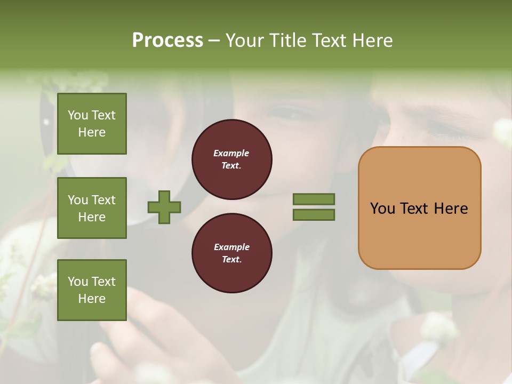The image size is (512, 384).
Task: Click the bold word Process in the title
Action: pos(167,41)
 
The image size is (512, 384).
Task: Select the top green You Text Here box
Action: pos(92,124)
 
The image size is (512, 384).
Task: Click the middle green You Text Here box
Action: pos(92,208)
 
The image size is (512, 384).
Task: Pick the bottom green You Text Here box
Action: pos(92,290)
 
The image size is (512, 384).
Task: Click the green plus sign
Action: pos(164,207)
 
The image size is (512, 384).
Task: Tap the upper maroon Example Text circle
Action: pos(231,159)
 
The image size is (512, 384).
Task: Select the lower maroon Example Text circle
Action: pos(231,253)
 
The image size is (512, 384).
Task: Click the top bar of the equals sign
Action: pos(314,199)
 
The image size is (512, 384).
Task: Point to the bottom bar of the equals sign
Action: pos(314,214)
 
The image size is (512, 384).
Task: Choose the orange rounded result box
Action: pos(419,208)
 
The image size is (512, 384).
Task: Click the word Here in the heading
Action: pos(372,41)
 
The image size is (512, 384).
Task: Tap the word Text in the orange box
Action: pos(415,209)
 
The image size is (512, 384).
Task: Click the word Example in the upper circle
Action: pos(231,154)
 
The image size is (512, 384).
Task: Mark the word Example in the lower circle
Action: pos(231,247)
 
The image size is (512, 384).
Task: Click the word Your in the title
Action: pos(245,41)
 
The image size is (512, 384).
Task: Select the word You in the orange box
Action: pos(382,209)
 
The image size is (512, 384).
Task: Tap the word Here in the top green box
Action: pos(92,132)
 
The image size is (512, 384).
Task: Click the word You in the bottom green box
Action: pos(77,282)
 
